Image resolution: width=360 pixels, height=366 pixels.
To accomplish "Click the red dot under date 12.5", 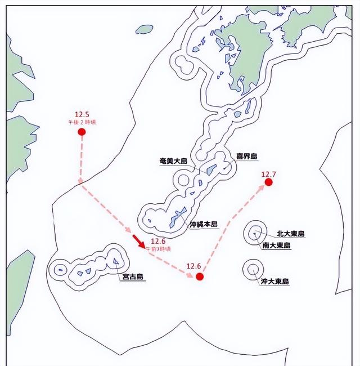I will pos(82,132).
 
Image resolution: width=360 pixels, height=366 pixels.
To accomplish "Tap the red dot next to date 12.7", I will pos(269,182).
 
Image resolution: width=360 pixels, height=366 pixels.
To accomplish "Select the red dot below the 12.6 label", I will pos(199,276).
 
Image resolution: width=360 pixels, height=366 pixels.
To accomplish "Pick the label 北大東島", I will pos(290,233).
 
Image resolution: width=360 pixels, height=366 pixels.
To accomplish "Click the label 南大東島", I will pos(276,246).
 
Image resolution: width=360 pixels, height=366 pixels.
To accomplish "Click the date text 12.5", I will pos(82,114).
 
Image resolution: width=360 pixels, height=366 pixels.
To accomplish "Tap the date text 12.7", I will pos(269,173).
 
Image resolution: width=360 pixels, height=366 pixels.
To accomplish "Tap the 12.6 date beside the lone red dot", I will pos(194,266).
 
